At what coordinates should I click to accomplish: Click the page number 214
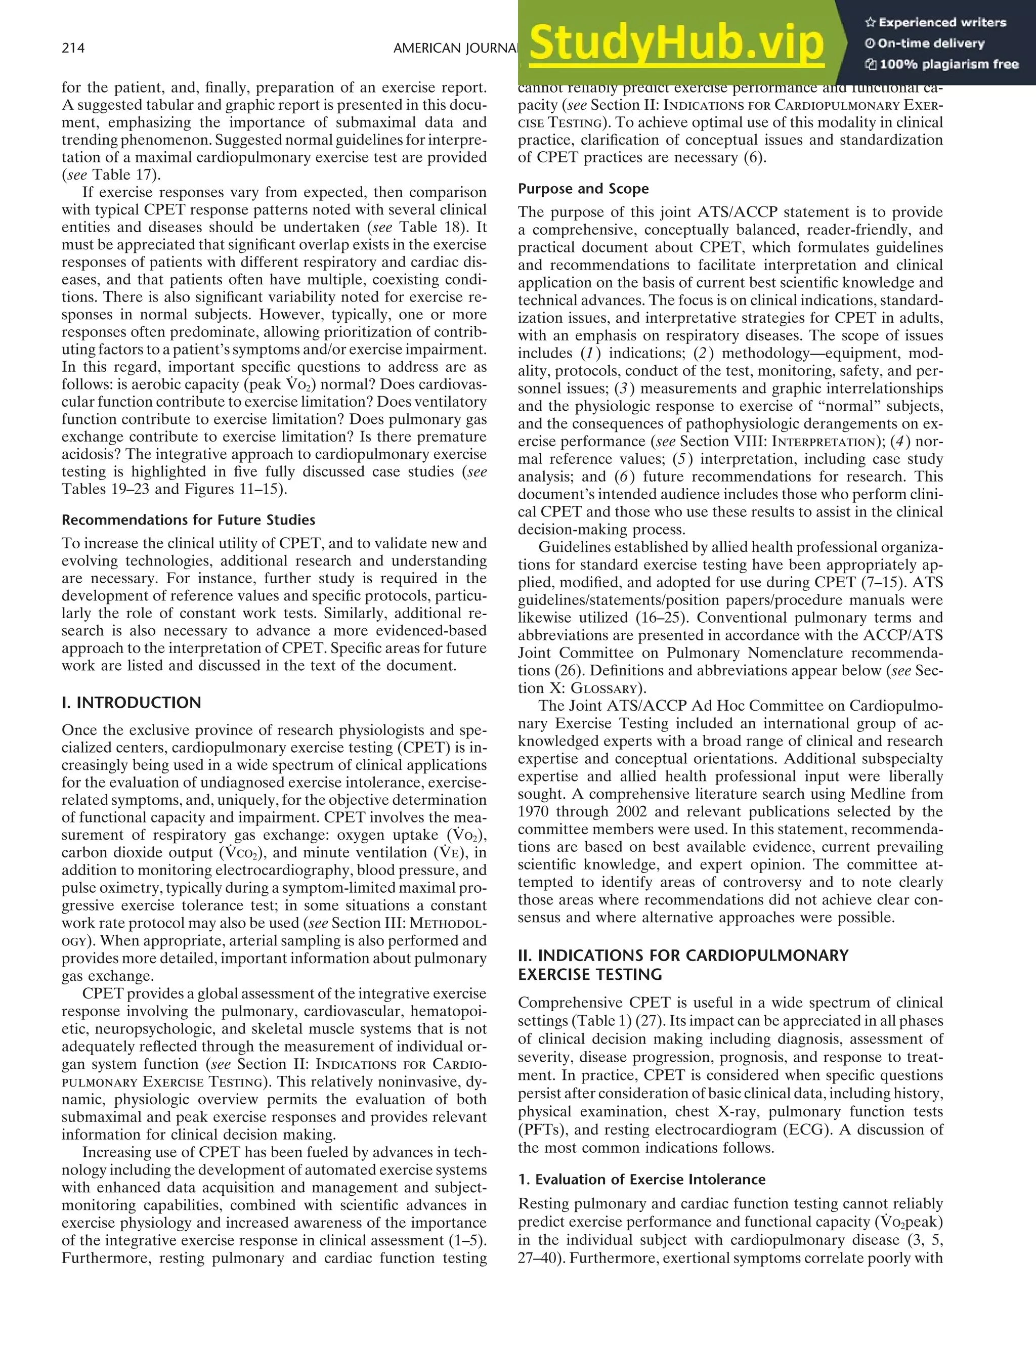coord(73,48)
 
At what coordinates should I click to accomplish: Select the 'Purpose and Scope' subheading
coord(583,189)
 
